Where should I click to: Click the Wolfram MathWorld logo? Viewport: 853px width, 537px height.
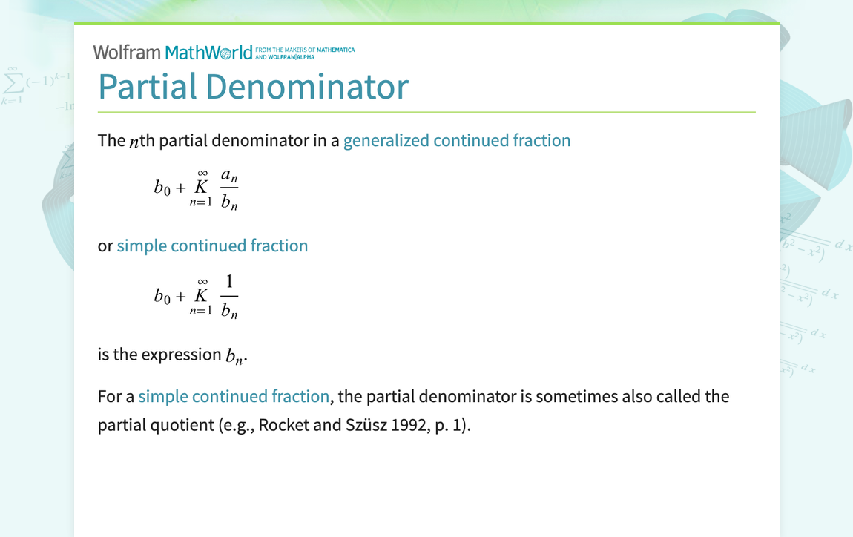(x=173, y=52)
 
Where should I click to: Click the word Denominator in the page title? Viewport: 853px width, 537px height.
(x=307, y=87)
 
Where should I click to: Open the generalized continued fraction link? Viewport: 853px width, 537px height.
(x=457, y=140)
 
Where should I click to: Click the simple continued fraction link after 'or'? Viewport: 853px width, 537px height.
(x=212, y=246)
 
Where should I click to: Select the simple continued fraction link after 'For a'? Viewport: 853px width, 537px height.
(x=234, y=396)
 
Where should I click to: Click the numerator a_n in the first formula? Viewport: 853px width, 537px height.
(x=229, y=176)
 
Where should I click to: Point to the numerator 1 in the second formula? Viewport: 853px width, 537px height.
(x=229, y=281)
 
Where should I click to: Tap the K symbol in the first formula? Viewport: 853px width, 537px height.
(x=201, y=187)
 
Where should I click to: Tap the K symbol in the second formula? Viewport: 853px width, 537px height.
(x=201, y=295)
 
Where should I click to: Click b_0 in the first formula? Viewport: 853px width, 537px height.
(x=162, y=188)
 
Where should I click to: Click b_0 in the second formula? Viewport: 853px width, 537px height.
(x=162, y=296)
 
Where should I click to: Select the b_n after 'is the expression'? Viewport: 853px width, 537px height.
(x=234, y=356)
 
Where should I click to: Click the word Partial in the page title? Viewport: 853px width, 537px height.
(x=148, y=87)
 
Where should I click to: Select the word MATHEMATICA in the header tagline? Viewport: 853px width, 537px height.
(x=335, y=50)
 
